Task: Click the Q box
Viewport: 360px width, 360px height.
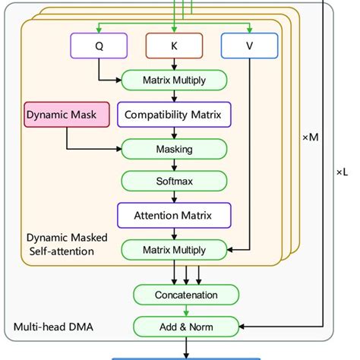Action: click(99, 46)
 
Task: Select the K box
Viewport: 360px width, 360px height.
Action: click(175, 46)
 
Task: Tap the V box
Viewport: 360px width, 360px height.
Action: click(250, 46)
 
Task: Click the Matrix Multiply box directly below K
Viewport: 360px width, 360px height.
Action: click(174, 80)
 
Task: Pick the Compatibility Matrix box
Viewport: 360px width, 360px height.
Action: click(174, 115)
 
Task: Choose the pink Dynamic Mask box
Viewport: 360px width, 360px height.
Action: click(62, 115)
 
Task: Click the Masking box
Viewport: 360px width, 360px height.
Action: click(174, 149)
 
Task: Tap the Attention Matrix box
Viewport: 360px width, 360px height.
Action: click(174, 216)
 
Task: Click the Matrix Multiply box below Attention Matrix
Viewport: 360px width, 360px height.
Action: click(174, 249)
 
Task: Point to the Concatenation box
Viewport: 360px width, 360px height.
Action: click(185, 294)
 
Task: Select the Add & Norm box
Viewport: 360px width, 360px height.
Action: click(185, 327)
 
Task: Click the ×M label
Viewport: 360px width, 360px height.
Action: click(310, 137)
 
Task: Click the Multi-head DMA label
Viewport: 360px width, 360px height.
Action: click(49, 327)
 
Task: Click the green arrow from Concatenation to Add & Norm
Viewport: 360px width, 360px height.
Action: click(185, 311)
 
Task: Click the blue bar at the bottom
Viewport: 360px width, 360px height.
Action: click(186, 357)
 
